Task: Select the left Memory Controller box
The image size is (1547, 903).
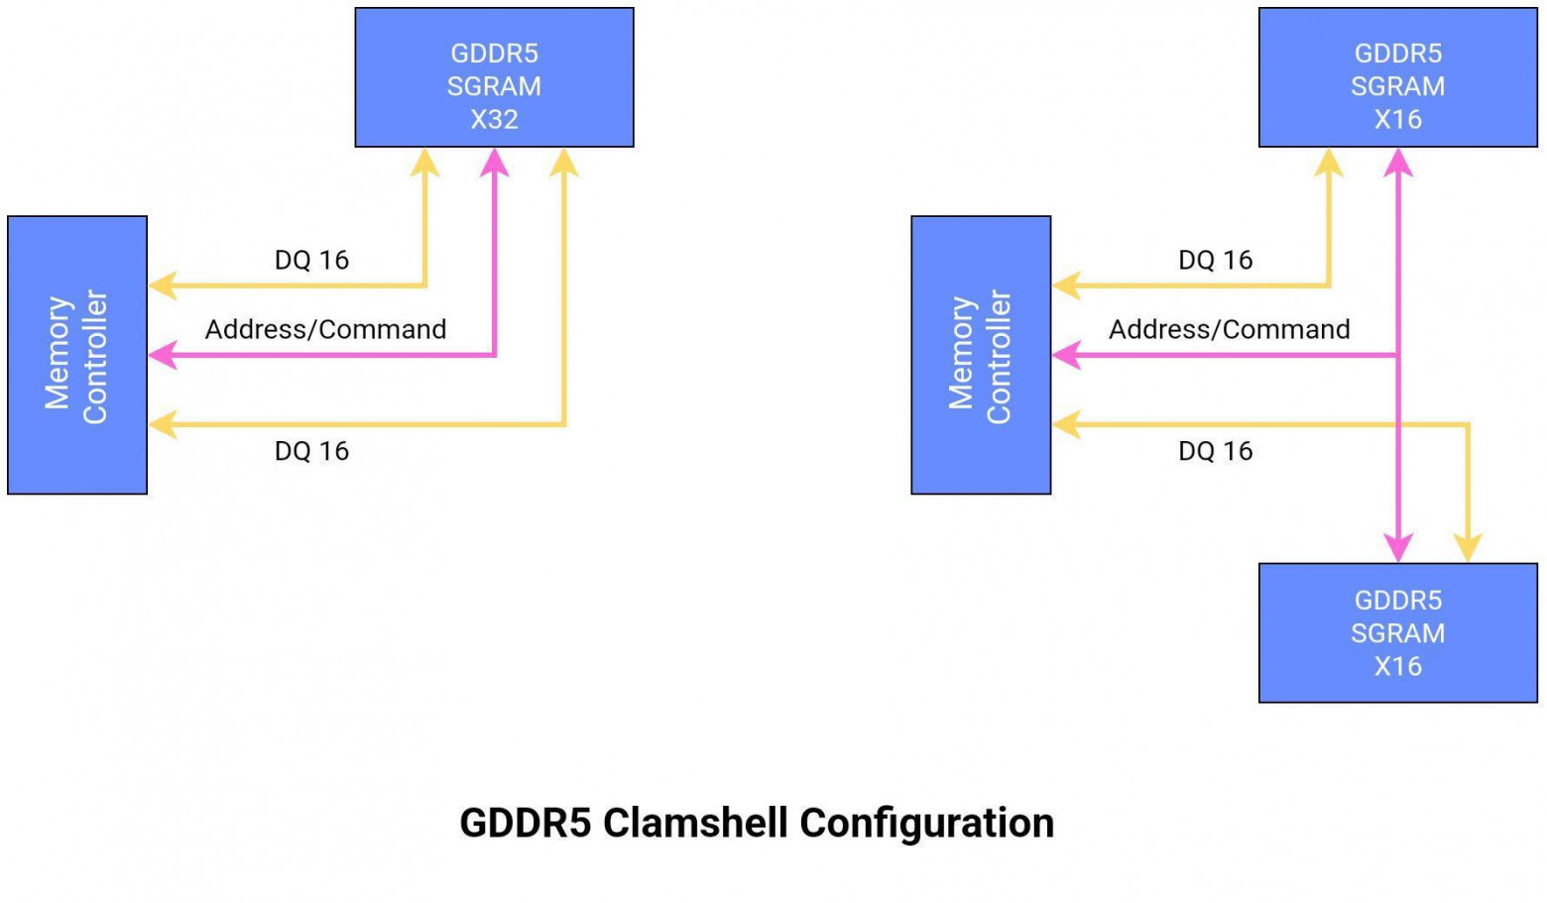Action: [77, 355]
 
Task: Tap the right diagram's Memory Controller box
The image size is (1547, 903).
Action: [981, 355]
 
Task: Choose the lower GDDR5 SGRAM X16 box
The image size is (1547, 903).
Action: [1397, 632]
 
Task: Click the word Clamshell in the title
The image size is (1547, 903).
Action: [696, 823]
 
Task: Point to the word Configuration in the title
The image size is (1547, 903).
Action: [926, 823]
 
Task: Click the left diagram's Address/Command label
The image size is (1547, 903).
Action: [325, 329]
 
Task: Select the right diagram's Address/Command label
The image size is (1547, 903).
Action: [1229, 329]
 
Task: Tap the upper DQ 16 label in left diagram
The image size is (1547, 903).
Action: [311, 260]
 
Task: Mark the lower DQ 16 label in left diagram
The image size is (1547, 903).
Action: [311, 451]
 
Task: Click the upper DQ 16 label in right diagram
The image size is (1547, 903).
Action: [1215, 260]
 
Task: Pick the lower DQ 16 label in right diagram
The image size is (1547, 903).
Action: [1215, 451]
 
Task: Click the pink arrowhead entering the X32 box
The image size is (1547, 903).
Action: [494, 163]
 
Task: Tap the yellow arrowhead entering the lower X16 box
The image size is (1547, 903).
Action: [1467, 548]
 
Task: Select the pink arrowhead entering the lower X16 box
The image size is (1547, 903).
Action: [1397, 548]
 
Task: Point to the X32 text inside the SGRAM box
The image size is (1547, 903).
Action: [494, 119]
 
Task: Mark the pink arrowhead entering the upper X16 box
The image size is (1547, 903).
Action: [1397, 163]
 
